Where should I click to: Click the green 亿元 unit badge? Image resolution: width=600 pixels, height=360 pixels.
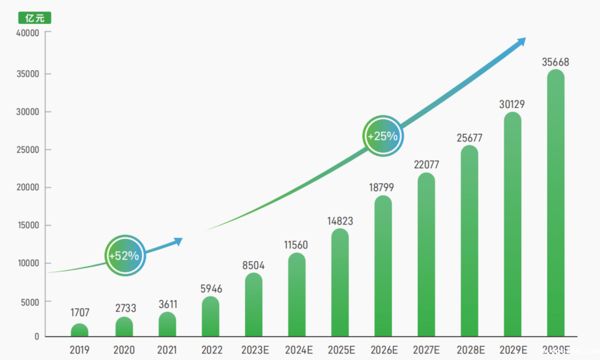[34, 18]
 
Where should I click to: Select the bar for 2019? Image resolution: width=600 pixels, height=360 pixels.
[79, 331]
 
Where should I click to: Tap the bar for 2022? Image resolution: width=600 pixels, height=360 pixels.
[211, 317]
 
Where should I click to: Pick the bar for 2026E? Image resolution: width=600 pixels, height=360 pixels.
[383, 267]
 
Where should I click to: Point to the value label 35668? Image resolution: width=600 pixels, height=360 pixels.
[556, 62]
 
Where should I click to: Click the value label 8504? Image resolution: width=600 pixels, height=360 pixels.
[253, 266]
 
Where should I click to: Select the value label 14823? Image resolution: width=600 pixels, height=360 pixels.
[340, 221]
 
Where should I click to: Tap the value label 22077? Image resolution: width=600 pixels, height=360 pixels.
[427, 165]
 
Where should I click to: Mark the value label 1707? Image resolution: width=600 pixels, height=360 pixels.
[79, 313]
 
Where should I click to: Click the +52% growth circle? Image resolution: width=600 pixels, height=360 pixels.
[125, 256]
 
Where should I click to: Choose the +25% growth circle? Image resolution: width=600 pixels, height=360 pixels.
[383, 136]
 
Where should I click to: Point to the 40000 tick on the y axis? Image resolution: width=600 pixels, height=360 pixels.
[28, 33]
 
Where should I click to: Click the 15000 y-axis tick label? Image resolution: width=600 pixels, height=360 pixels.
[28, 226]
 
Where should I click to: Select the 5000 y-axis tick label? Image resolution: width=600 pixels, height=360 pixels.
[29, 302]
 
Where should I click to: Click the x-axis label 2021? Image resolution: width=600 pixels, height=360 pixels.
[167, 350]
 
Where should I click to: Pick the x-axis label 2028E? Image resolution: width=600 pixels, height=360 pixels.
[471, 350]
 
